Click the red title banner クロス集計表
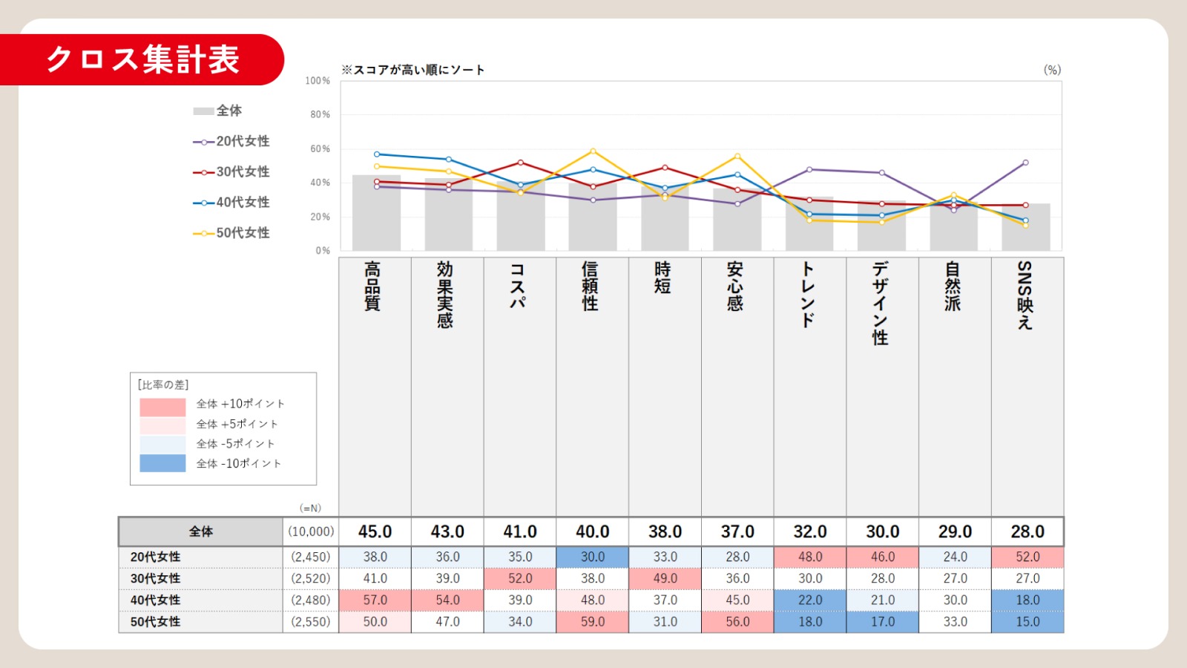(142, 59)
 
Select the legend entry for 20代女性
(231, 141)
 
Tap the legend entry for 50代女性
(231, 233)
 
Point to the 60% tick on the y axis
(320, 148)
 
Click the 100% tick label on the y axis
(318, 80)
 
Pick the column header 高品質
(372, 286)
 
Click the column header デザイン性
(881, 303)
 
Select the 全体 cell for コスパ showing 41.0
(520, 531)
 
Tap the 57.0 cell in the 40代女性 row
(375, 600)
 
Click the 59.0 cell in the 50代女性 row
(593, 621)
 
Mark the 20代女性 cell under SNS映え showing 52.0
(1027, 557)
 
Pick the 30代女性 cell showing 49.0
(665, 578)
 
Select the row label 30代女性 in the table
(156, 578)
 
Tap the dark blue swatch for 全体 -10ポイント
(162, 463)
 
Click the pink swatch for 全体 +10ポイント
(162, 407)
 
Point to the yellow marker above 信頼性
(593, 151)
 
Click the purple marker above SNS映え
(1026, 163)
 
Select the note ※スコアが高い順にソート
(412, 70)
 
